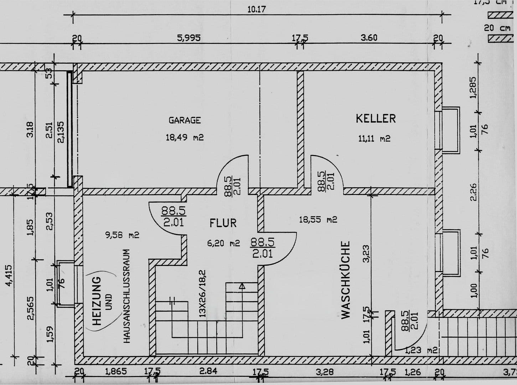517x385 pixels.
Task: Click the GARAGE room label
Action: click(x=185, y=120)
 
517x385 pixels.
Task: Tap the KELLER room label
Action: click(x=376, y=118)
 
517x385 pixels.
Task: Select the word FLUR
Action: click(x=223, y=223)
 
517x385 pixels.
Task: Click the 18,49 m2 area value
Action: click(x=185, y=137)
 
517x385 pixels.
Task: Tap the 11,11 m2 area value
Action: click(x=374, y=139)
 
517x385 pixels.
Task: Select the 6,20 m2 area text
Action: click(x=223, y=243)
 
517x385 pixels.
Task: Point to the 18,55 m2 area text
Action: click(x=318, y=220)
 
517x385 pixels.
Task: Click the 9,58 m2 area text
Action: click(x=122, y=235)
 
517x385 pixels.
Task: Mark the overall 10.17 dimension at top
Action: click(x=257, y=9)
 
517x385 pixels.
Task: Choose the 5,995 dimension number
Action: click(x=189, y=38)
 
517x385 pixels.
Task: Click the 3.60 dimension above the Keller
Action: click(x=369, y=38)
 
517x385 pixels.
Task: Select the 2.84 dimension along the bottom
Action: click(x=208, y=371)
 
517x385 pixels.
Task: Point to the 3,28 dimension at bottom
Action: click(x=325, y=372)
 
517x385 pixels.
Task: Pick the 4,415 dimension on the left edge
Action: click(x=9, y=275)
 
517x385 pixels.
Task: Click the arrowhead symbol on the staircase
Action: click(x=242, y=286)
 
